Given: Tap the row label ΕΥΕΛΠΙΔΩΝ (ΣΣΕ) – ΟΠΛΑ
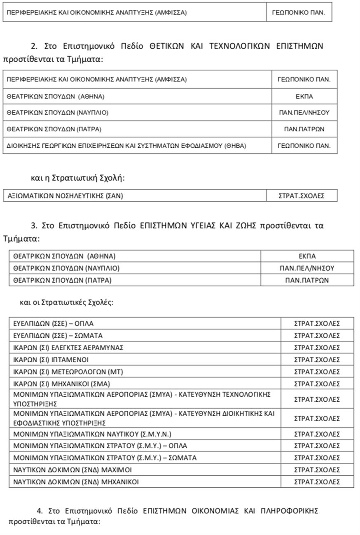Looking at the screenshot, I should click(x=54, y=323).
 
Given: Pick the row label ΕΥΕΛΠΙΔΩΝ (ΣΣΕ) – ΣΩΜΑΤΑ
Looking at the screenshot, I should click(x=58, y=335).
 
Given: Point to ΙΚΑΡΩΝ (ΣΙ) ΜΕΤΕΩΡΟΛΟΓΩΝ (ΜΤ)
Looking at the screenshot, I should click(x=68, y=372).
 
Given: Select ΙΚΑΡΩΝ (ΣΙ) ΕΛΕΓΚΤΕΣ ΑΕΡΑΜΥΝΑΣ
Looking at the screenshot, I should click(x=68, y=348).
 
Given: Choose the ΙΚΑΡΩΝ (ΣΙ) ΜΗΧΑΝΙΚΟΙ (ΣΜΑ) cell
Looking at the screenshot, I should click(x=61, y=384).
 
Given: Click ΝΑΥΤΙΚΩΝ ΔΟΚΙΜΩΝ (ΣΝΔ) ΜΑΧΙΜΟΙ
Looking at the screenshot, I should click(x=72, y=470).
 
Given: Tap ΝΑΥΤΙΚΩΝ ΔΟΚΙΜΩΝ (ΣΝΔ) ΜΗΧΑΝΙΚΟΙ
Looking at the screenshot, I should click(x=76, y=481).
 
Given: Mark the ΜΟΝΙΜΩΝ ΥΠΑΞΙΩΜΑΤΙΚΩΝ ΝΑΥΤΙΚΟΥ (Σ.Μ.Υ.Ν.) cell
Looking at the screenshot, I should click(x=92, y=434).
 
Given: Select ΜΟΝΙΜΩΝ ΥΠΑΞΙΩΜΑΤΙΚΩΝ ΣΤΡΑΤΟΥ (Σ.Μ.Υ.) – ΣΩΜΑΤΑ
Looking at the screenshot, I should click(x=105, y=458).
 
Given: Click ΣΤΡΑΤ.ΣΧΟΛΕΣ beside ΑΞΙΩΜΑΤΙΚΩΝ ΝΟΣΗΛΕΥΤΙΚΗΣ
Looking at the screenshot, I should click(x=302, y=196).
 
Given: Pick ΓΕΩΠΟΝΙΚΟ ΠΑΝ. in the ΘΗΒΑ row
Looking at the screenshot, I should click(x=304, y=146).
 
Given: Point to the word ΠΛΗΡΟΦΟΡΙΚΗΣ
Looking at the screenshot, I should click(x=290, y=511).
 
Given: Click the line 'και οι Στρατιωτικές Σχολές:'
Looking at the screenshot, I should click(x=66, y=302).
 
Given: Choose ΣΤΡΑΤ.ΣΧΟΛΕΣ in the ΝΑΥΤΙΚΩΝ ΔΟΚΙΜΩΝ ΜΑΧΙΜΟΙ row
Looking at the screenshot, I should click(x=317, y=470).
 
